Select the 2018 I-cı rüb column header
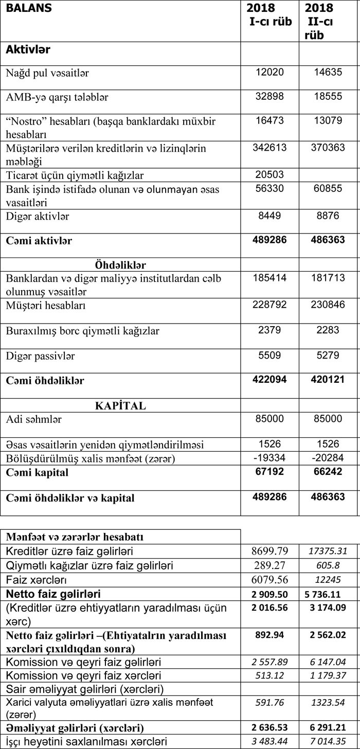pos(269,15)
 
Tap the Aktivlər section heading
pos(28,50)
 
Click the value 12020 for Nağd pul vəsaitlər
pos(269,72)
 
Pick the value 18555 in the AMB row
pos(328,96)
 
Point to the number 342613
pos(269,148)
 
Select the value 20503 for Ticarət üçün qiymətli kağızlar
pos(269,174)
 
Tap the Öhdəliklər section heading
pos(121,265)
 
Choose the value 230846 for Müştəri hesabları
pos(328,305)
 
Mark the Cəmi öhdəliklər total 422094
pos(269,380)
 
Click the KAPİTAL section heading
pos(121,406)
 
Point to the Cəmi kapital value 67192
pos(269,472)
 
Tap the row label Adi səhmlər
pos(34,419)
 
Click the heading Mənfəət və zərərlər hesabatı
pos(75,537)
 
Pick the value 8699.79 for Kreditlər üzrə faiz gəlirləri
pos(270,551)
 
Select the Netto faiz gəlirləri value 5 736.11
pos(328,593)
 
